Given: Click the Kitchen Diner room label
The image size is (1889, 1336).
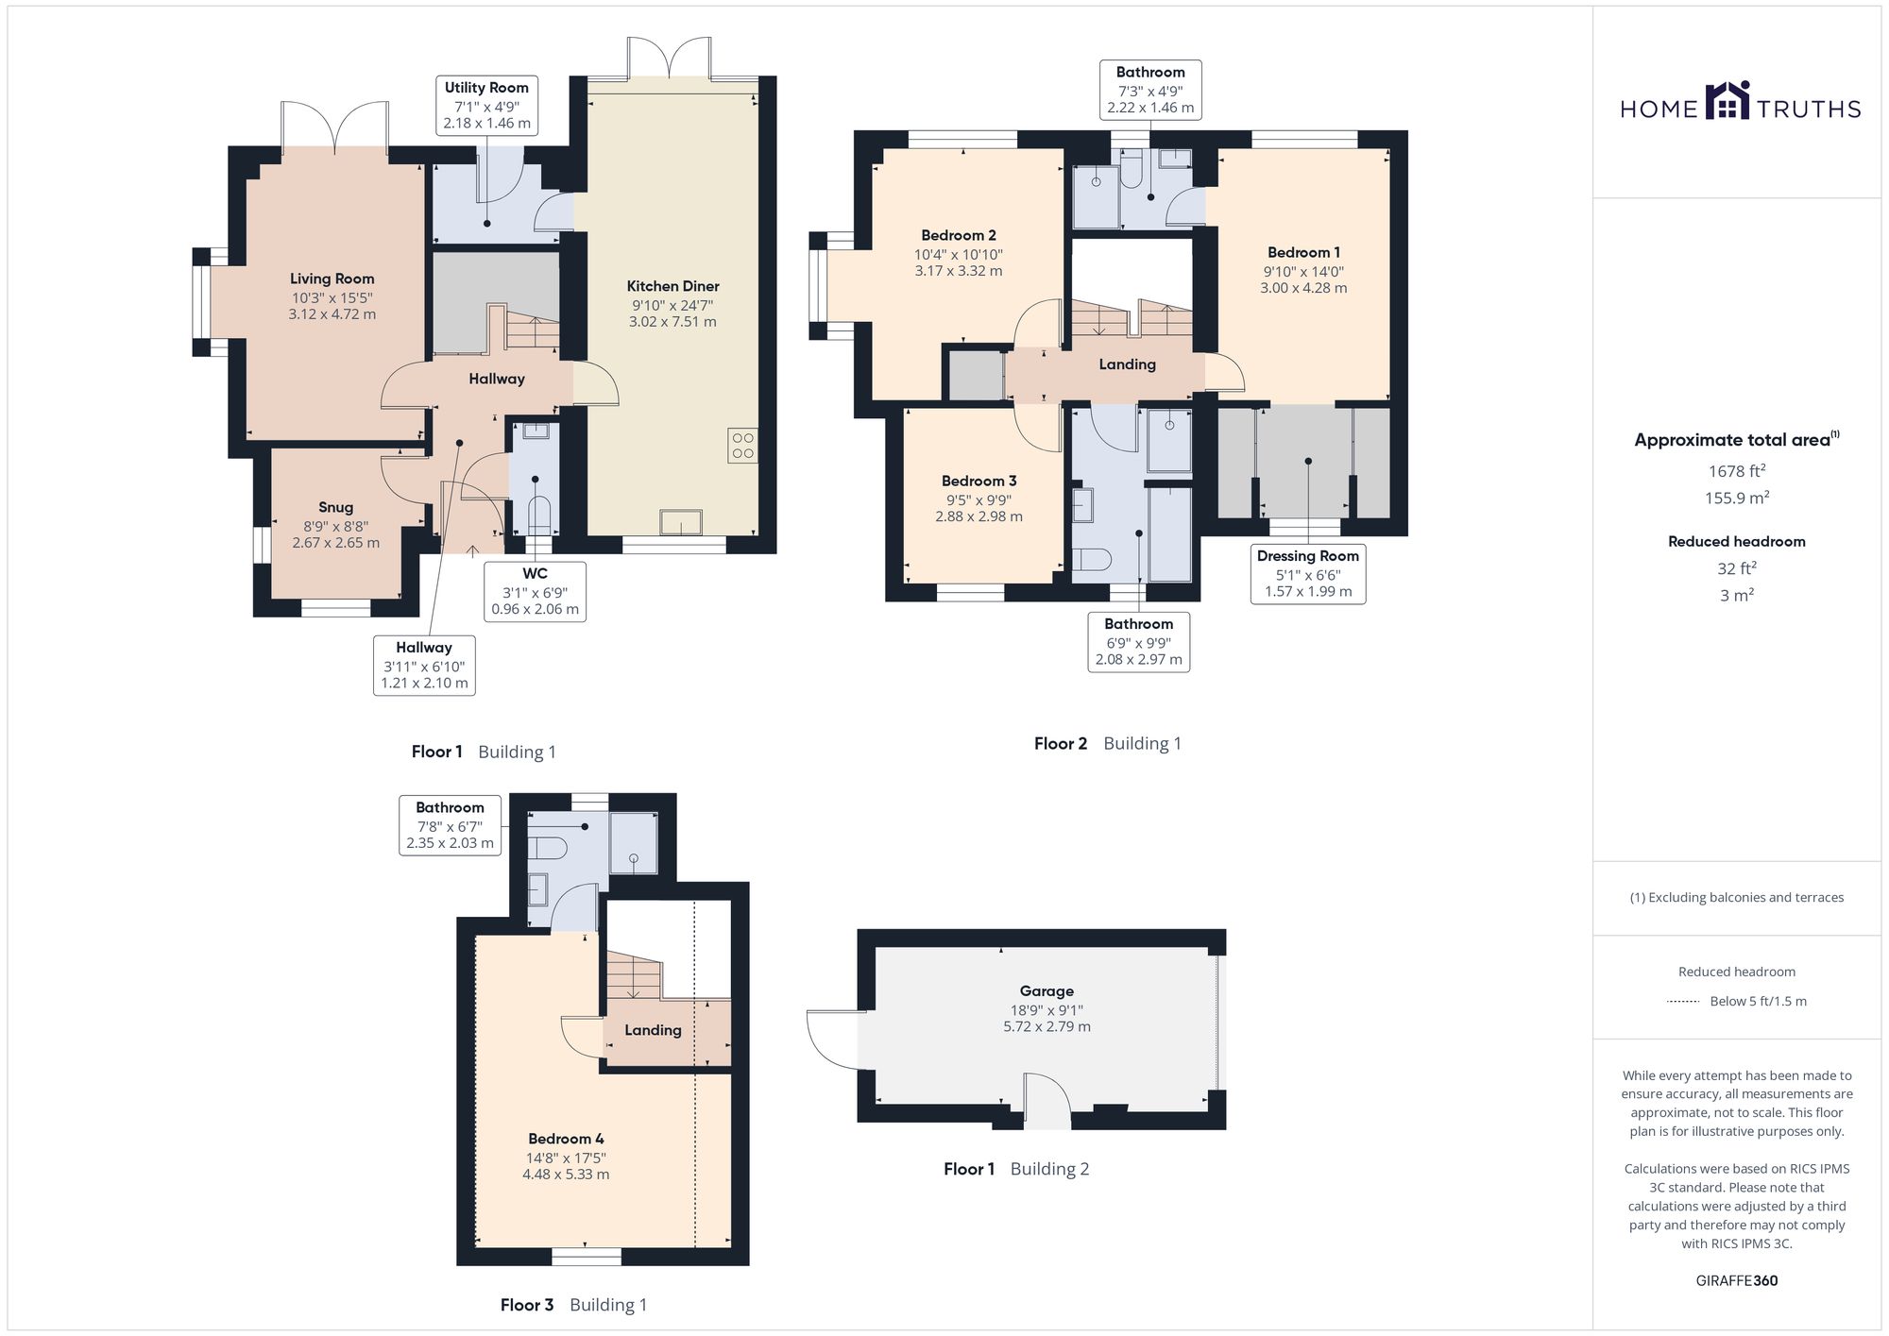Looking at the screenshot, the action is [672, 286].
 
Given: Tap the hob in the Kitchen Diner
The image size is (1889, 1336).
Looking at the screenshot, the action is [742, 446].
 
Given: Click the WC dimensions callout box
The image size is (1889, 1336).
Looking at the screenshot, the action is [535, 592].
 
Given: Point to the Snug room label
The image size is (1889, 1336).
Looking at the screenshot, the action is [335, 508].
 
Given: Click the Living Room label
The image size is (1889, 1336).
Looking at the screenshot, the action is [332, 279].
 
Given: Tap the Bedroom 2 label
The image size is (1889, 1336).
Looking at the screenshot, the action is [959, 235].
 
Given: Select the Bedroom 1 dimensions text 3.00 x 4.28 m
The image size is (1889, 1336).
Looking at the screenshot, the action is [1303, 288].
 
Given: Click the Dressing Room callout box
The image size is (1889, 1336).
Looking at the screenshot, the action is [1308, 574].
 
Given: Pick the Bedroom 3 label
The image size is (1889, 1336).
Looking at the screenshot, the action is [979, 481].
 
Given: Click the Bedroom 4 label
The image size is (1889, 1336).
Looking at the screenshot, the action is [566, 1139].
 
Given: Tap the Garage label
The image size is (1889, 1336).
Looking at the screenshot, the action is [1047, 991].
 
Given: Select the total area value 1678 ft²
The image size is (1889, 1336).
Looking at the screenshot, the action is [1737, 470].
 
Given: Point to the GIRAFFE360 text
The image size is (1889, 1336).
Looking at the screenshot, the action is [1737, 1280].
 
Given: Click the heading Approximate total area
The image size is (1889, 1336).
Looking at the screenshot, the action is [1737, 439].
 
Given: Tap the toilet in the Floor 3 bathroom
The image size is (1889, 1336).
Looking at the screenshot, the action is [546, 846].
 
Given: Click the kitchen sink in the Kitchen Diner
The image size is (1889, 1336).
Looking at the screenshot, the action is [681, 522].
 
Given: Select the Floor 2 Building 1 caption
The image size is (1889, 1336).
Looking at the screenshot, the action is [1107, 743].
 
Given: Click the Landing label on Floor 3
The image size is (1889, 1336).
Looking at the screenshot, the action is [653, 1030].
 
